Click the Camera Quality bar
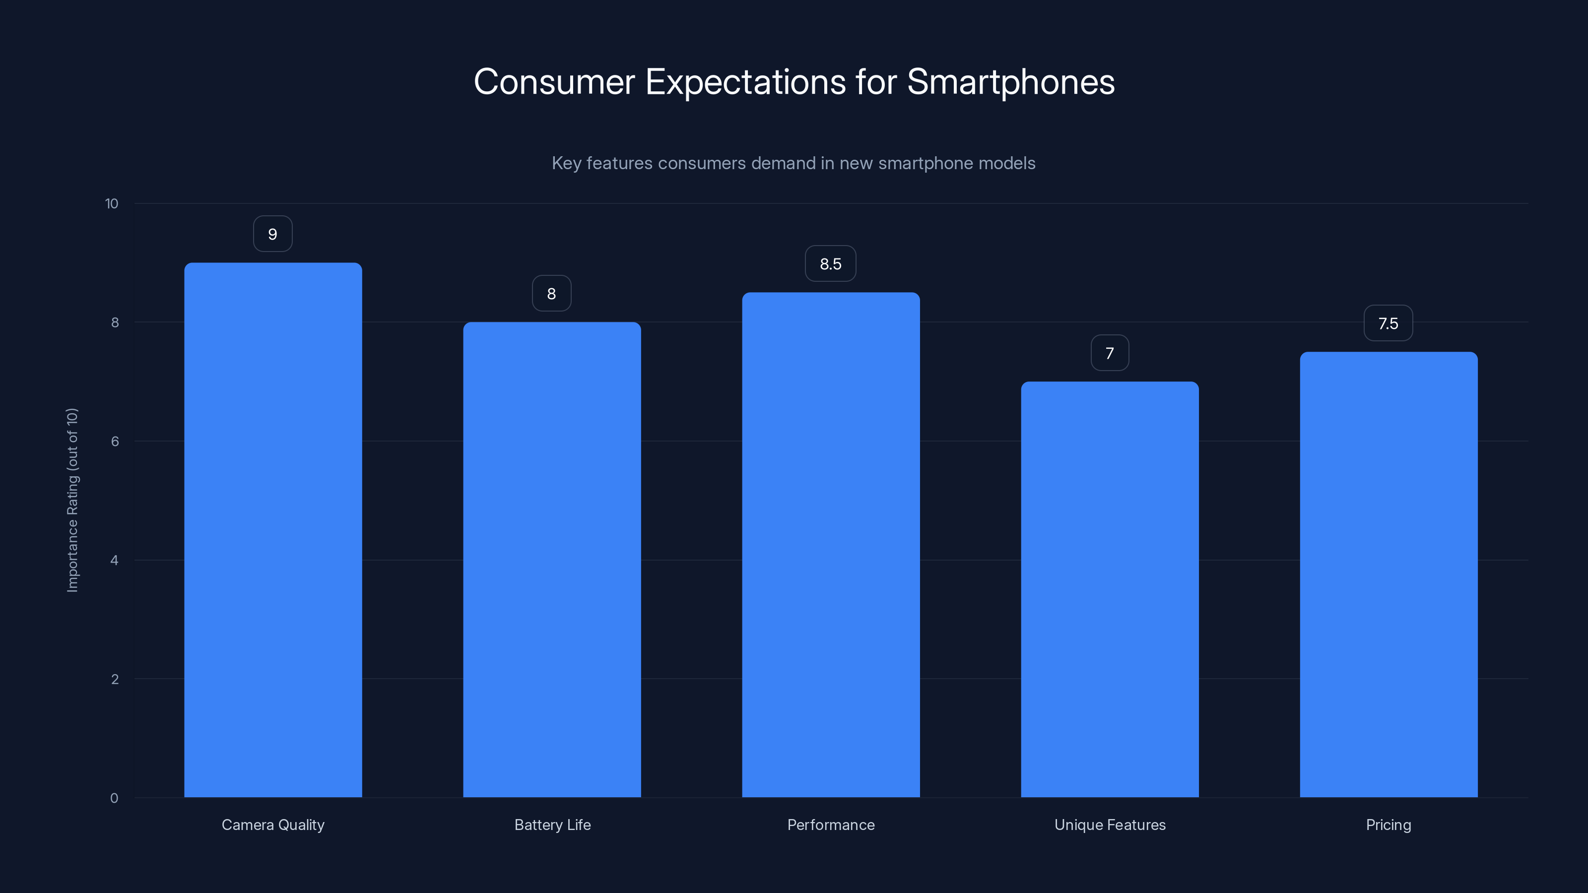point(272,530)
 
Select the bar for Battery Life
point(552,560)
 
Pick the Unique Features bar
point(1110,589)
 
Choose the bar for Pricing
point(1389,574)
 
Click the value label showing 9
point(272,234)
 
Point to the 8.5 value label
point(830,264)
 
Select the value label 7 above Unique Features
point(1110,353)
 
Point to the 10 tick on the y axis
point(112,204)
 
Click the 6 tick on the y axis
point(115,441)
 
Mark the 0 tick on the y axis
point(114,798)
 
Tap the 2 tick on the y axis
point(115,679)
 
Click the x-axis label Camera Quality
point(272,825)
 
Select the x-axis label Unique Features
point(1110,825)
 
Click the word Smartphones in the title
point(1010,82)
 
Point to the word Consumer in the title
point(554,82)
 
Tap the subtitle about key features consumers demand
point(794,163)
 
